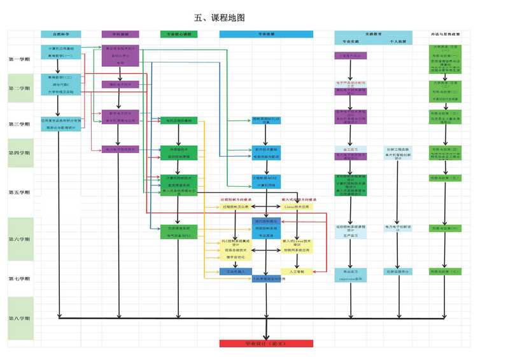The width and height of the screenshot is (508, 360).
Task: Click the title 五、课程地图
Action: pos(220,18)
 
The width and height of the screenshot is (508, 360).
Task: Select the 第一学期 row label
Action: pos(20,59)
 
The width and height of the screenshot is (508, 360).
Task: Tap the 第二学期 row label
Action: pos(20,89)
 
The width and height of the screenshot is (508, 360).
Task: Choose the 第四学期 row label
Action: pos(20,153)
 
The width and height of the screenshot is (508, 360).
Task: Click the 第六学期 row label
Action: pos(20,239)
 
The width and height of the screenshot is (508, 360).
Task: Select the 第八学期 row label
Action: pos(20,318)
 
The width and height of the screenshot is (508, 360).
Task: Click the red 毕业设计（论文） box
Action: pos(266,343)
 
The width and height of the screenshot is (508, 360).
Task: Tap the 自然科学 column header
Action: pos(60,34)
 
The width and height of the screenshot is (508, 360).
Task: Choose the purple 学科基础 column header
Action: pos(120,34)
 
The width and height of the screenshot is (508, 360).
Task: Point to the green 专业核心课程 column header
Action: pos(179,34)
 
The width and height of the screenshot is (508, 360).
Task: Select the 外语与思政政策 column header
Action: pos(449,33)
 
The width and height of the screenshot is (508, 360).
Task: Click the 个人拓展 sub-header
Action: pos(399,41)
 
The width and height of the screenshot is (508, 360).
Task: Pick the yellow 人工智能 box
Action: pos(297,272)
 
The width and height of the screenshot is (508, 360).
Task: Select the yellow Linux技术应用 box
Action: pos(297,207)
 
